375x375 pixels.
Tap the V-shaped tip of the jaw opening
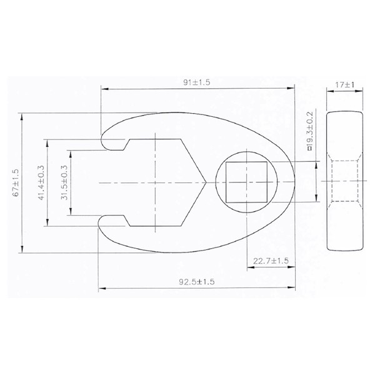click(204, 182)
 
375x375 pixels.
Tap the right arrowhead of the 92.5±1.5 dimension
click(295, 289)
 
